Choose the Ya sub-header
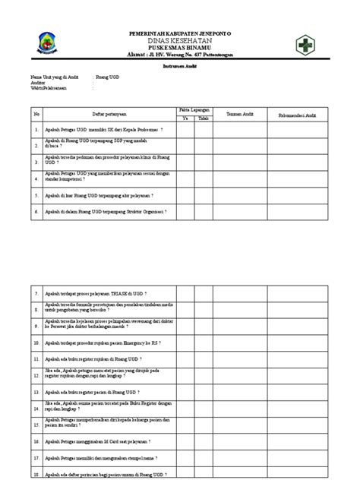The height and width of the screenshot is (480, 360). click(185, 118)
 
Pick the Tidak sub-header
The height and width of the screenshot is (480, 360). click(203, 118)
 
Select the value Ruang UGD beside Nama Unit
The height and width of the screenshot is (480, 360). click(108, 77)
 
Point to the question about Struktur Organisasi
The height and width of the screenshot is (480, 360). click(105, 210)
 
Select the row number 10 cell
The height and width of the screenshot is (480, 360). click(36, 342)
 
